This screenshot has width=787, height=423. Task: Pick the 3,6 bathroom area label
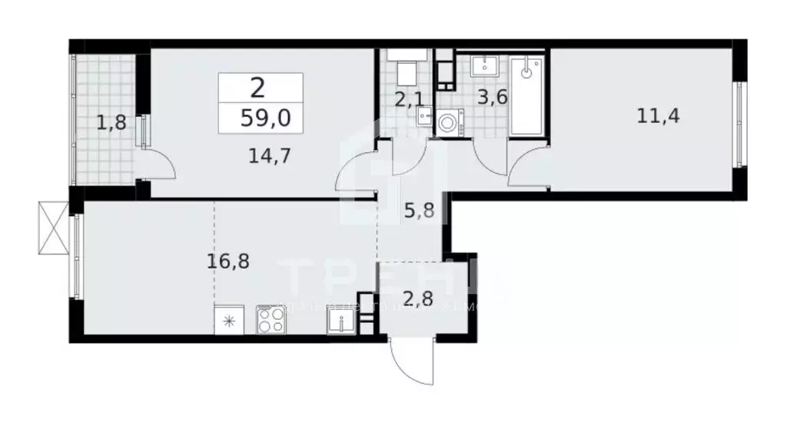[492, 98]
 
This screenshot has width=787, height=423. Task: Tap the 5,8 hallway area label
[420, 210]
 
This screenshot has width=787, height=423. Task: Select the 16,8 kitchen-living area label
[227, 260]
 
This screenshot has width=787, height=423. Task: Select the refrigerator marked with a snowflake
[228, 319]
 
